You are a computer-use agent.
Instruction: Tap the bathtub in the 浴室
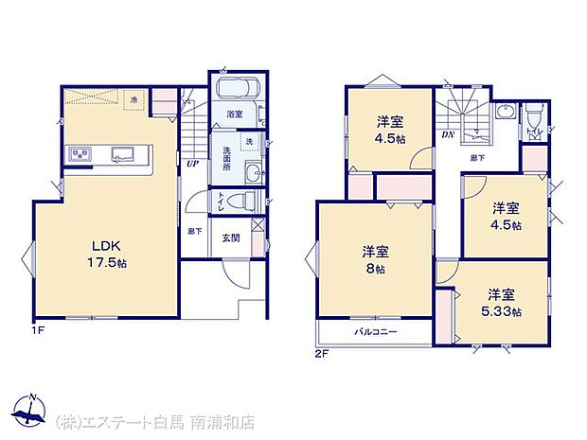(234, 92)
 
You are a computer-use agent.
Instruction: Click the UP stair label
(192, 164)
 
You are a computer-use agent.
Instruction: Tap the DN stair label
(448, 135)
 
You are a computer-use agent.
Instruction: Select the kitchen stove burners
(79, 154)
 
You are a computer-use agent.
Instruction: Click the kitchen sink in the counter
(125, 154)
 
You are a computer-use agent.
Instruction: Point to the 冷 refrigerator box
(134, 99)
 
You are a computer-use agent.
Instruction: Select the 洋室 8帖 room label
(376, 259)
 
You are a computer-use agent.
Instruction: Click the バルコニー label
(376, 333)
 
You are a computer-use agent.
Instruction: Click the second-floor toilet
(535, 118)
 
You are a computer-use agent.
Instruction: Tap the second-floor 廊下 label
(479, 157)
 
